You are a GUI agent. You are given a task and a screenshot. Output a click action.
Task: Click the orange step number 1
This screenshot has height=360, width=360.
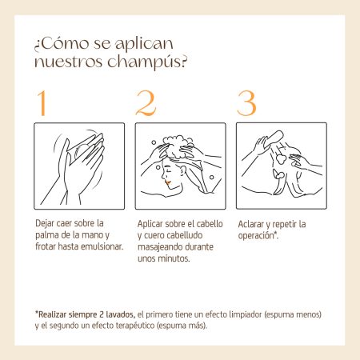point(42,103)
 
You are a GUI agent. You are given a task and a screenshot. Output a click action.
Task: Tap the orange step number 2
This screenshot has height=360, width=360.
point(146,103)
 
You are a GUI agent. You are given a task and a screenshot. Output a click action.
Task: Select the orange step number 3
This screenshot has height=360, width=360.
point(246,103)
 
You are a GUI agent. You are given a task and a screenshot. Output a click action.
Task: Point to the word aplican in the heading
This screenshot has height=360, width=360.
point(144,44)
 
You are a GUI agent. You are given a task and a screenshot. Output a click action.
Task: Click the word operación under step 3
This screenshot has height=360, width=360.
point(257,236)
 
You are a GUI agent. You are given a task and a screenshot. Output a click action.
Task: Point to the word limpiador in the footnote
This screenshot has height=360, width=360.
point(246,314)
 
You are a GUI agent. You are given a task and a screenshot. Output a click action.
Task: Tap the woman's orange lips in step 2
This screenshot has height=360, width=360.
point(167,183)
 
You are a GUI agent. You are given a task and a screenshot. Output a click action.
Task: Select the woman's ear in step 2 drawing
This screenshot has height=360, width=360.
point(183,170)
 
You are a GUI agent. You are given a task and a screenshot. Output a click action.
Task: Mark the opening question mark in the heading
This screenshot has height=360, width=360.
point(37,46)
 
